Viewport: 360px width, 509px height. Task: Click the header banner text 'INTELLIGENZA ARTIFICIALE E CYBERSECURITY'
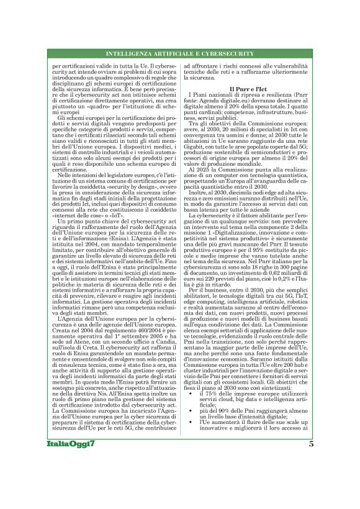(179, 53)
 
